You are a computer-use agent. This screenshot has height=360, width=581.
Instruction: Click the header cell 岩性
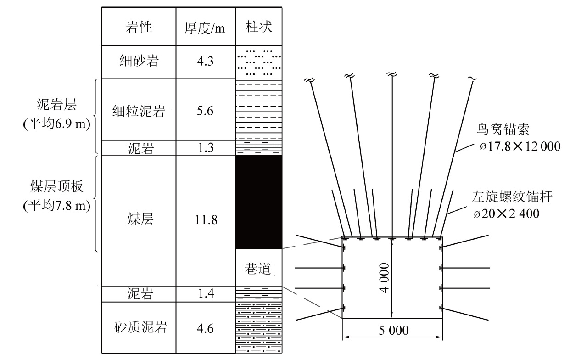[139, 27]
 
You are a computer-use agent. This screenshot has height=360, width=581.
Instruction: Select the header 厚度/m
[205, 28]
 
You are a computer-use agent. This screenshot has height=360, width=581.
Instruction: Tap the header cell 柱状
[258, 27]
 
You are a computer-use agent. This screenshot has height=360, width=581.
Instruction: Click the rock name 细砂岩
[139, 61]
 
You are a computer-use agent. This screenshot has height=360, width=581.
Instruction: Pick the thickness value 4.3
[205, 62]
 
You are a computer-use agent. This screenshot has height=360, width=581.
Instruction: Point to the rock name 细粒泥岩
[139, 111]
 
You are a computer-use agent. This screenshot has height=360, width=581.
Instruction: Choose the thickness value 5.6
[205, 111]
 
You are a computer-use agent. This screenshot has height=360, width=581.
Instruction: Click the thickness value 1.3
[206, 148]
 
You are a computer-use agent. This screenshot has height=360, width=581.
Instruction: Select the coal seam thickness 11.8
[206, 220]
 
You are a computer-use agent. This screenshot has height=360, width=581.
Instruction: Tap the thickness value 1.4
[206, 293]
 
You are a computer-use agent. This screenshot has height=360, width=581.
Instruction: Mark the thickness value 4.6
[205, 329]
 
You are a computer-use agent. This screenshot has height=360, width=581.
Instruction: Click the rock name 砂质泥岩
[140, 327]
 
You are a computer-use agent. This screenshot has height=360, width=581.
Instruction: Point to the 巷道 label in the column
[257, 268]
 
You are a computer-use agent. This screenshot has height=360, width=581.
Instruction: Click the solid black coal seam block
[258, 202]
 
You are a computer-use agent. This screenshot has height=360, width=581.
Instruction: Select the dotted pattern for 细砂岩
[258, 62]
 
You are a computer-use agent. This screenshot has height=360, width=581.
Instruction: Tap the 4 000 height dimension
[385, 278]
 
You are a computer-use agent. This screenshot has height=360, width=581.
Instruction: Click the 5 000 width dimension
[393, 331]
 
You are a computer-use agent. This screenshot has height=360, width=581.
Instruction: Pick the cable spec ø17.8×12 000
[520, 146]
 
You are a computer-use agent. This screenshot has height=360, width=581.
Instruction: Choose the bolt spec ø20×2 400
[506, 214]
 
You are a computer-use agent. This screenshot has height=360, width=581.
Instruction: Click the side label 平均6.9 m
[57, 124]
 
